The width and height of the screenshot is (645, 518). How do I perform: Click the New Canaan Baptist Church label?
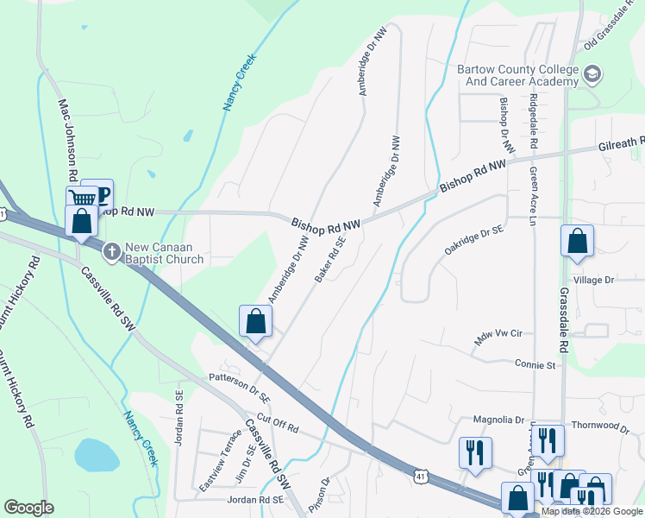pyautogui.click(x=164, y=253)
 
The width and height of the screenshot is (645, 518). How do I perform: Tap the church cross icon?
pyautogui.click(x=111, y=253)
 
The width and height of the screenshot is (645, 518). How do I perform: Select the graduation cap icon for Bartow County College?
pyautogui.click(x=592, y=74)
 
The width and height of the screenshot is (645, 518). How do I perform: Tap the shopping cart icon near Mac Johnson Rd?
pyautogui.click(x=82, y=199)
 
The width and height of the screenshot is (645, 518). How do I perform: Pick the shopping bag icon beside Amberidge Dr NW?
pyautogui.click(x=256, y=323)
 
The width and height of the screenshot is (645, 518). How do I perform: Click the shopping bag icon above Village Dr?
pyautogui.click(x=577, y=242)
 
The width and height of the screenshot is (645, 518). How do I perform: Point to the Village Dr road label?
pyautogui.click(x=593, y=281)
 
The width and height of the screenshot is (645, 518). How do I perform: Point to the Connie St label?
pyautogui.click(x=535, y=365)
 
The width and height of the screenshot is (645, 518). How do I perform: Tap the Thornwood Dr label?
pyautogui.click(x=600, y=426)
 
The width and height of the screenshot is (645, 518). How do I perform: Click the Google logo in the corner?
pyautogui.click(x=28, y=508)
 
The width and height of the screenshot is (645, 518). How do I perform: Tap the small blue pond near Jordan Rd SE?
pyautogui.click(x=97, y=454)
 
